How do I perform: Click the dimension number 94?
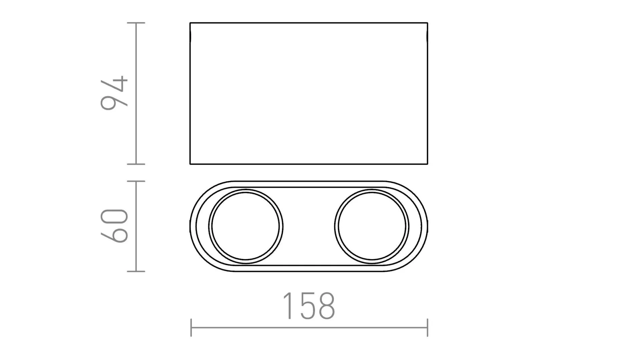(x=114, y=93)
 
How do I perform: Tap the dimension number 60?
(x=114, y=225)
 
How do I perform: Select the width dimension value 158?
(x=308, y=306)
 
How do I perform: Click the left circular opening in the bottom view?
(x=246, y=226)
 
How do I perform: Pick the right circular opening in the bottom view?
(x=372, y=226)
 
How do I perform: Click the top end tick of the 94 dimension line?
(x=136, y=23)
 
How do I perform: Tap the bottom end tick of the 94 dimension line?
(x=136, y=164)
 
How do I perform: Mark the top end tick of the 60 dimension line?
(x=136, y=181)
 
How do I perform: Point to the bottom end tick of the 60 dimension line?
(x=136, y=271)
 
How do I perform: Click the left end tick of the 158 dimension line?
(x=191, y=328)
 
